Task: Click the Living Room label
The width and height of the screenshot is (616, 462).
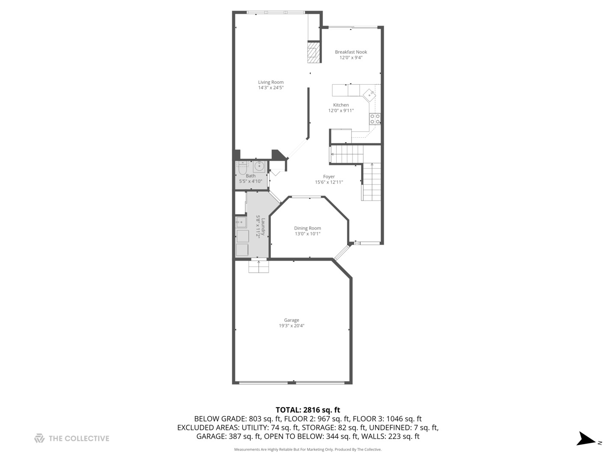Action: (271, 82)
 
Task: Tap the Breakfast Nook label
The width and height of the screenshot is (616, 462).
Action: (351, 52)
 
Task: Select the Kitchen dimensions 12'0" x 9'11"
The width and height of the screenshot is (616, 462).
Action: (341, 111)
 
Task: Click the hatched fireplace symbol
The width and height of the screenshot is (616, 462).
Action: (314, 52)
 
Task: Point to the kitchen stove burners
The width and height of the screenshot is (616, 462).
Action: (375, 118)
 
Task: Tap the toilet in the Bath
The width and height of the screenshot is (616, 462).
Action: (242, 169)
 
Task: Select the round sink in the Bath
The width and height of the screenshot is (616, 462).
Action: (259, 166)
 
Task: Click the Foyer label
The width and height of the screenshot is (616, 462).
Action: (329, 176)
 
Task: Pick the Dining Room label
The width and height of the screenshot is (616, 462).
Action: (307, 228)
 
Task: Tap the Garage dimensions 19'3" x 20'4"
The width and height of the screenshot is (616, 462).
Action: (292, 326)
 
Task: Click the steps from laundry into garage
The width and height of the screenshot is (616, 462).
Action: (259, 267)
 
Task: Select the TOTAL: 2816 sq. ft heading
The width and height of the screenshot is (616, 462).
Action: (308, 410)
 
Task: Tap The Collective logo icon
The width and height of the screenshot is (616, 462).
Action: (39, 438)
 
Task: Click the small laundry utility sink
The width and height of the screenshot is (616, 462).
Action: (241, 222)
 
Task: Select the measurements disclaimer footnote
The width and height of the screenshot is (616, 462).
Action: (308, 450)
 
